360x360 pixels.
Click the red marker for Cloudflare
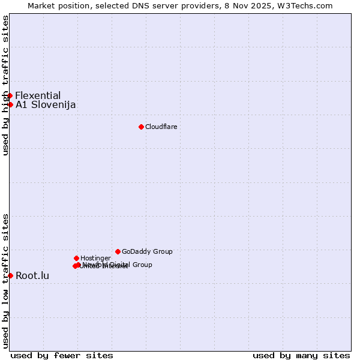point(141,127)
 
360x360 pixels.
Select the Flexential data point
point(10,95)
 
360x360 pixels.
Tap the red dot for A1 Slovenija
point(10,104)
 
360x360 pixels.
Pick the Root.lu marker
point(10,275)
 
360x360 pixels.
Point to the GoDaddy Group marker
point(118,251)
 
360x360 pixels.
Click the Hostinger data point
point(76,258)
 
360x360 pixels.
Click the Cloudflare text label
point(161,127)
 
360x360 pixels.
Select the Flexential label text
point(38,95)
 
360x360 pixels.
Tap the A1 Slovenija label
point(46,105)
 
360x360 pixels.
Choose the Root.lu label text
point(32,276)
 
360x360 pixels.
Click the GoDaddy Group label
point(147,251)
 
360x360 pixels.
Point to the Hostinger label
point(95,258)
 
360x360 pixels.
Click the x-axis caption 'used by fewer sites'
point(62,355)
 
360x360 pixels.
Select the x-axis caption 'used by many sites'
point(301,355)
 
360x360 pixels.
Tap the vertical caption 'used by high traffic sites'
point(5,85)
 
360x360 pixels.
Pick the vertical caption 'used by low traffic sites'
point(5,281)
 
